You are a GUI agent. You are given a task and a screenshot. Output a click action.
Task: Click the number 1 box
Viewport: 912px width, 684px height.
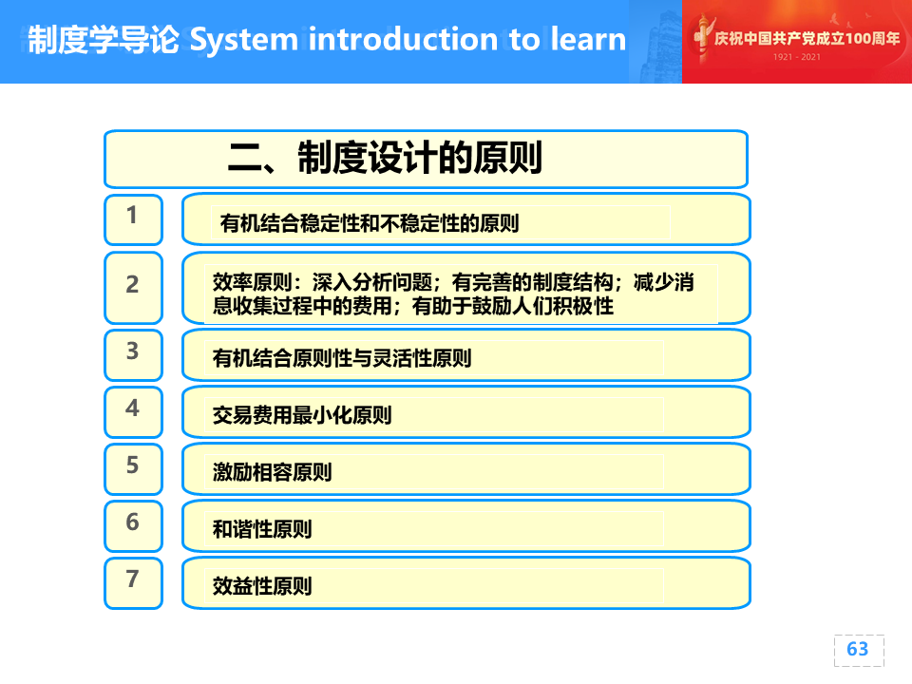[133, 219]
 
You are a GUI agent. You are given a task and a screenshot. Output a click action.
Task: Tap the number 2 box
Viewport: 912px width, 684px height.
[133, 288]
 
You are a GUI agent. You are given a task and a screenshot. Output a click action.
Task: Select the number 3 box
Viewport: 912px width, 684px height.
[133, 354]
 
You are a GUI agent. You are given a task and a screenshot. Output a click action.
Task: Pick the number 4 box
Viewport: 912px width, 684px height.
[133, 411]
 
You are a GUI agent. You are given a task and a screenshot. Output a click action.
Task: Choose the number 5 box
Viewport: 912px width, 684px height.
[133, 468]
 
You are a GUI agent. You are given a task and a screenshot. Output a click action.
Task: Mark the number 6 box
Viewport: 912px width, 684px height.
[133, 525]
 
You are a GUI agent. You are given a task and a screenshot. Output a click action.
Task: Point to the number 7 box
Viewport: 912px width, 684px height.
[133, 582]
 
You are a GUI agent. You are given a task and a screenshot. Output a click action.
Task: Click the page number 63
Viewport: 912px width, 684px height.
[858, 649]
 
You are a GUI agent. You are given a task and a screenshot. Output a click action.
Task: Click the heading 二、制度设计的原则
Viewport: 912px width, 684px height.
[385, 158]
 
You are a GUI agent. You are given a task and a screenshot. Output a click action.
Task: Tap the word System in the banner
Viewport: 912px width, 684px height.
[244, 41]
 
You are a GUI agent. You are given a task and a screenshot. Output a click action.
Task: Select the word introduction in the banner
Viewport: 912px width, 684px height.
[403, 39]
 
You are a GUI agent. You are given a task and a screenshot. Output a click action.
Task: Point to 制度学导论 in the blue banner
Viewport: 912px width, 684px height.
[104, 40]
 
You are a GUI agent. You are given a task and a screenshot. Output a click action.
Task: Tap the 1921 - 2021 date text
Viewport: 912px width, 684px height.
[797, 57]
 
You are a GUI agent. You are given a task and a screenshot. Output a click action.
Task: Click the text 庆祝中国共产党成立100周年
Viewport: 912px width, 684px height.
[807, 38]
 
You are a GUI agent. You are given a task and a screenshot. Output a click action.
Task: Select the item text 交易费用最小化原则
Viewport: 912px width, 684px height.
[302, 415]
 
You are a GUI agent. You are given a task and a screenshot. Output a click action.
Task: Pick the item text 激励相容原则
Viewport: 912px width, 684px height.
[273, 472]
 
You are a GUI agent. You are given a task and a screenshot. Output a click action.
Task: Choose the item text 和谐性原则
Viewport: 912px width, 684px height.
[262, 529]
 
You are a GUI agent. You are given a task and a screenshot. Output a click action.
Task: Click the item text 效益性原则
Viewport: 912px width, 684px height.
[262, 586]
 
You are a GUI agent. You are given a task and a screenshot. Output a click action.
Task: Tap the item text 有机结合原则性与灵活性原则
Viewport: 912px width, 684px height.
[342, 358]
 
